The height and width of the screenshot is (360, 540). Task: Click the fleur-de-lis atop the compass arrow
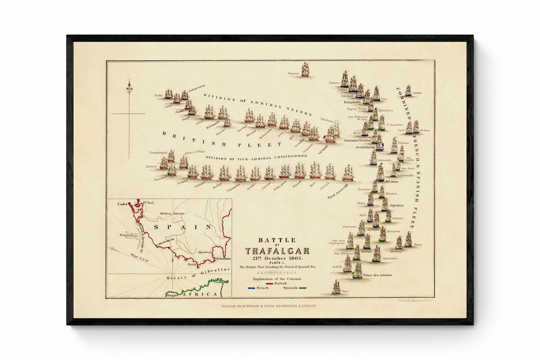click(129, 87)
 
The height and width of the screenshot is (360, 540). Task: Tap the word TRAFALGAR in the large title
click(277, 250)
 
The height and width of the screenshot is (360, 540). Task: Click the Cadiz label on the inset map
click(122, 204)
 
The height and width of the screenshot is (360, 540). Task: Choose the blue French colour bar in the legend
click(251, 288)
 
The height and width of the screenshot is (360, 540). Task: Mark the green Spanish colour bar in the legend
click(303, 288)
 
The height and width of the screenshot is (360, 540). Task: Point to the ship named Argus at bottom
click(336, 287)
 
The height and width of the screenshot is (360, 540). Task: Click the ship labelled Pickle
click(168, 93)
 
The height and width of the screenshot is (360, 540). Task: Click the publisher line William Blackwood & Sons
click(269, 305)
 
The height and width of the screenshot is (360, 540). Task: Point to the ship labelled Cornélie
click(408, 90)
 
